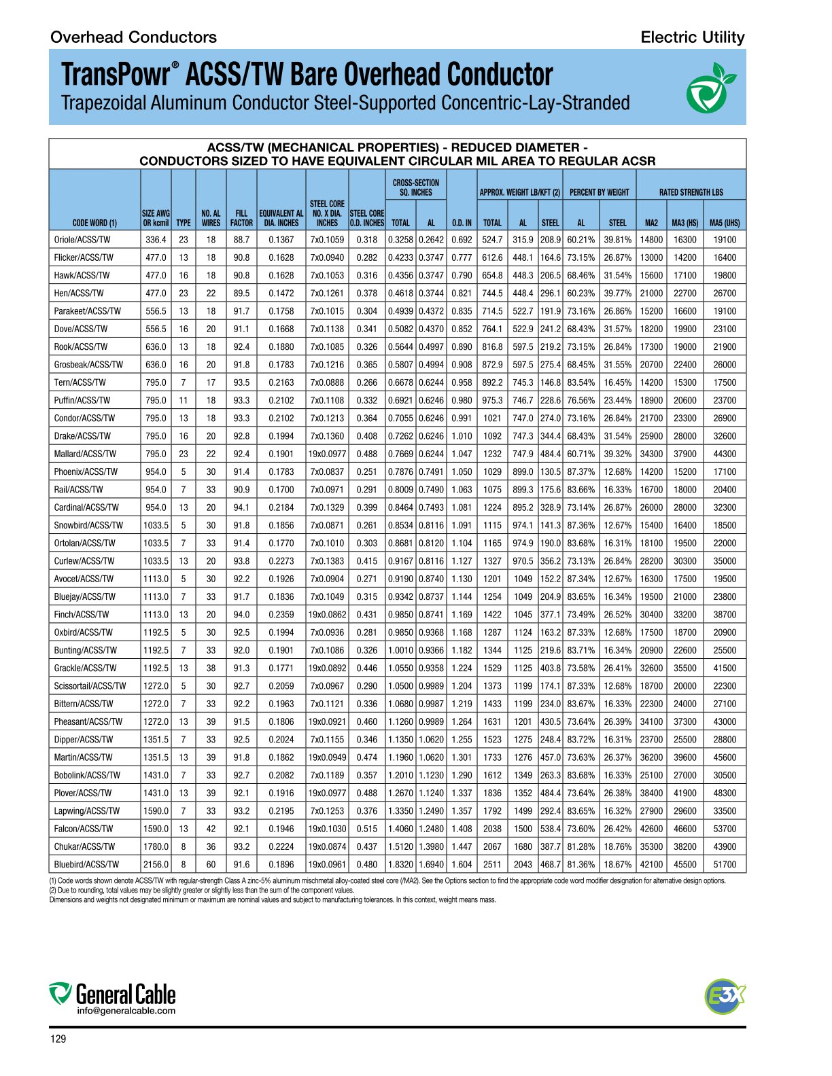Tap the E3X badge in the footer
tap(725, 997)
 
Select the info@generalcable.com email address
tap(126, 1011)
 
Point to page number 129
tap(58, 1039)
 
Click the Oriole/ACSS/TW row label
tap(82, 240)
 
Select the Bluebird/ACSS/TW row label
tap(86, 865)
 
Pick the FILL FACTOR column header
tap(241, 218)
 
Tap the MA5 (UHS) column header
tap(725, 223)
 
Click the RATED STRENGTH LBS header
tap(691, 192)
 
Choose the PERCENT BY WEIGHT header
tap(599, 192)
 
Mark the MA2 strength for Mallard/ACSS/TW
tap(651, 454)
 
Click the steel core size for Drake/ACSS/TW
tap(327, 436)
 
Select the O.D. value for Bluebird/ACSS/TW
tap(462, 865)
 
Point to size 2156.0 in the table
tap(156, 865)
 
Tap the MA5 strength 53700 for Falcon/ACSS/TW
tap(725, 829)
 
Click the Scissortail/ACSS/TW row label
tap(90, 686)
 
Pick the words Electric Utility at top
tap(692, 37)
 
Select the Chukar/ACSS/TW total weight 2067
tap(492, 847)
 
